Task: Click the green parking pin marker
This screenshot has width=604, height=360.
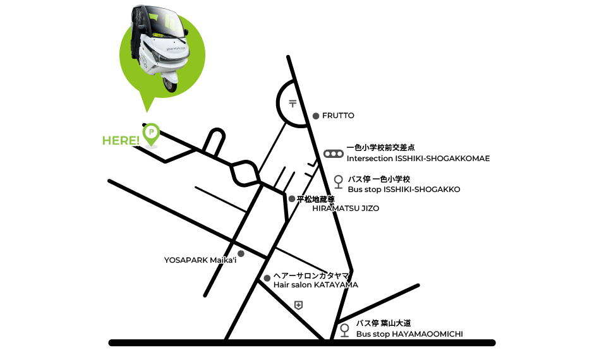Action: tap(151, 133)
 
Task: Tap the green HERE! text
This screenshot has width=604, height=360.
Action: tap(121, 140)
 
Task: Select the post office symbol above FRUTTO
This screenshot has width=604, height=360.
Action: tap(292, 104)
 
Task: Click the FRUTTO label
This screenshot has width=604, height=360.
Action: tap(338, 116)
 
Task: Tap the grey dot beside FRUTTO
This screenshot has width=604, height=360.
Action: tap(315, 116)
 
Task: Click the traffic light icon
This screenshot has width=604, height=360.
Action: tap(333, 153)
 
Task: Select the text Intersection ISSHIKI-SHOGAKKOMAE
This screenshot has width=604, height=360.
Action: tap(418, 159)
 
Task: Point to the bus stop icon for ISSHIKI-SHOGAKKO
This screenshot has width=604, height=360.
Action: tap(338, 182)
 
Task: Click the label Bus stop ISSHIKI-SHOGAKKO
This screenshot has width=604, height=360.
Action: tap(404, 189)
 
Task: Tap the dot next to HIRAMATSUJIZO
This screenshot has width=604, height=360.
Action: tap(291, 199)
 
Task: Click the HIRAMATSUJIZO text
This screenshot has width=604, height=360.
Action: tap(346, 208)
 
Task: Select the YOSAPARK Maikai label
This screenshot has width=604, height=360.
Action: tap(200, 260)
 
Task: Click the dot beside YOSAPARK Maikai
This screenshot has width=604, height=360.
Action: tap(241, 254)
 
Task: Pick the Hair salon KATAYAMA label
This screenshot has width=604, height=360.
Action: tap(315, 285)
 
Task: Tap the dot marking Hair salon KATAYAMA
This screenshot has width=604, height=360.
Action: tap(267, 279)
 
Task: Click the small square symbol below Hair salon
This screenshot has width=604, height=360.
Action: tap(298, 306)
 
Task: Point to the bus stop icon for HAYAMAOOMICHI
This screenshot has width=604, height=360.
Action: tap(344, 330)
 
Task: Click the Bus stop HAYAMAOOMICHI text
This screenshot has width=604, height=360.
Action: tap(409, 334)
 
